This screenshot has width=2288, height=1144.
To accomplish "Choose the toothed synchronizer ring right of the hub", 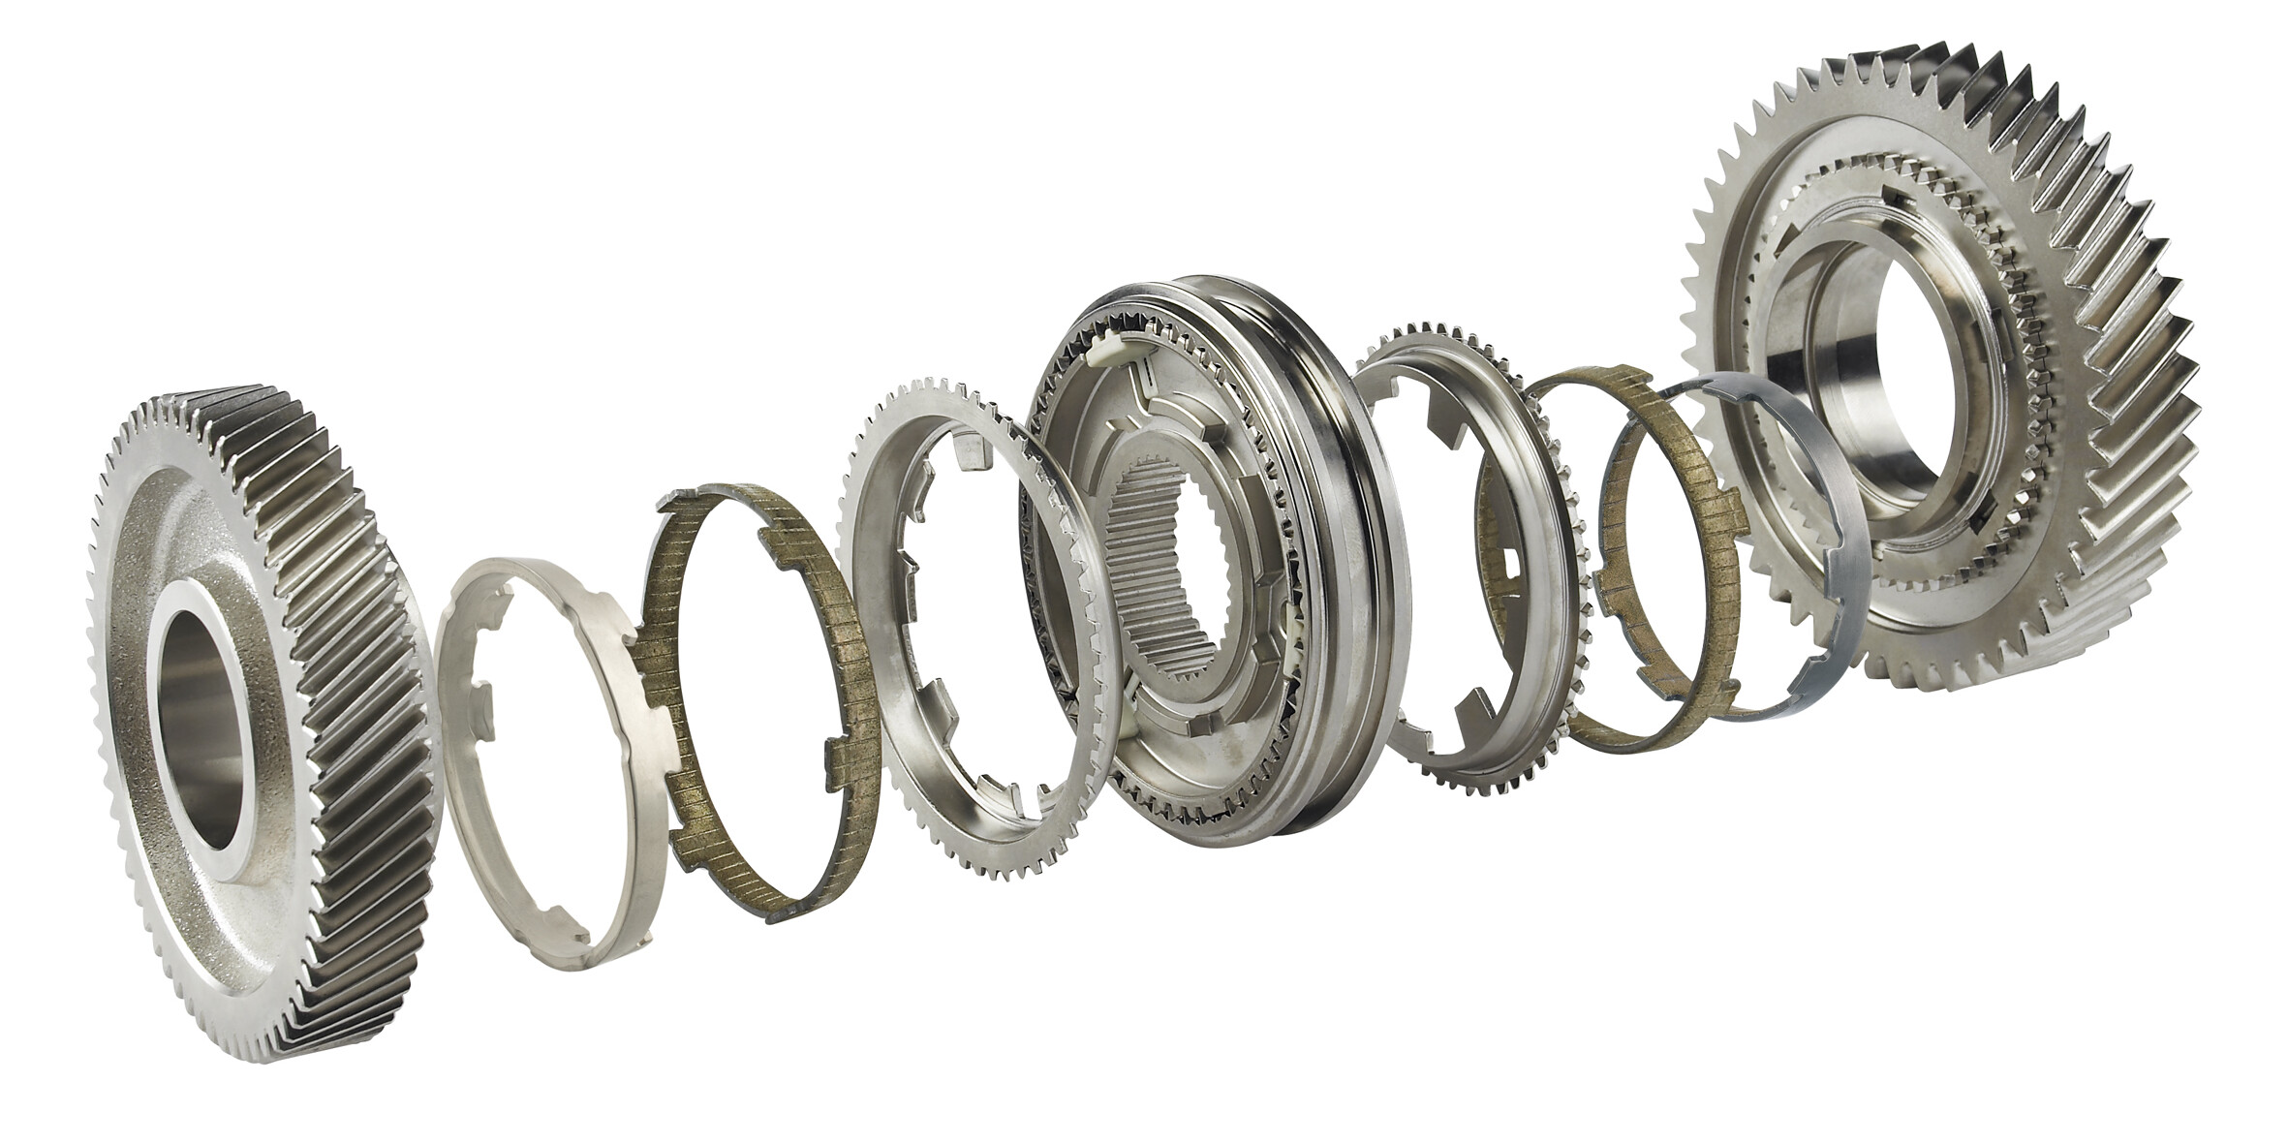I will click(x=1550, y=678).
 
